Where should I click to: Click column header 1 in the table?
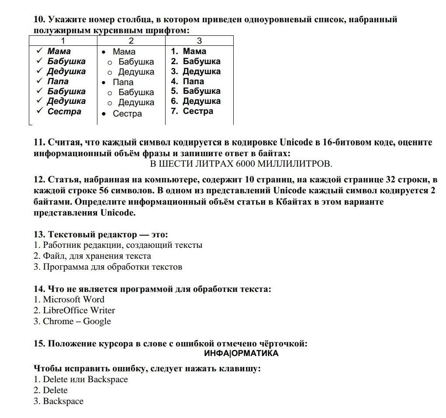[63, 41]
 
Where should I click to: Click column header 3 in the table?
[199, 41]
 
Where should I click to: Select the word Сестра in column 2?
[127, 114]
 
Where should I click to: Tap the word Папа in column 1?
[58, 81]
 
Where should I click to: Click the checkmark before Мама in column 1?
[39, 51]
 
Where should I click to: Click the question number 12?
[39, 180]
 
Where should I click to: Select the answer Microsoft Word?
[69, 299]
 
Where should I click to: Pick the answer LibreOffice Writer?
[74, 310]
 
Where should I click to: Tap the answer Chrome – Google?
[73, 321]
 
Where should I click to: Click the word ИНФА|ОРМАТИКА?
[241, 353]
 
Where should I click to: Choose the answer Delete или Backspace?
[81, 379]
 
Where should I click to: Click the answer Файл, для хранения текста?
[92, 256]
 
